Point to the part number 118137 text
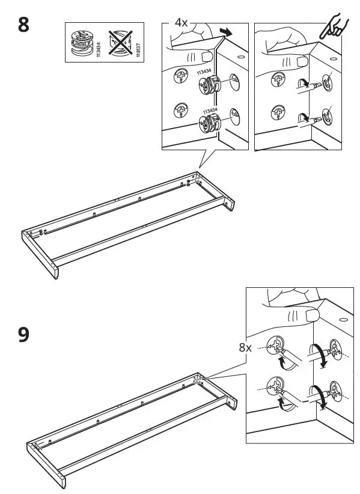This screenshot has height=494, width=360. pos(138,45)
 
